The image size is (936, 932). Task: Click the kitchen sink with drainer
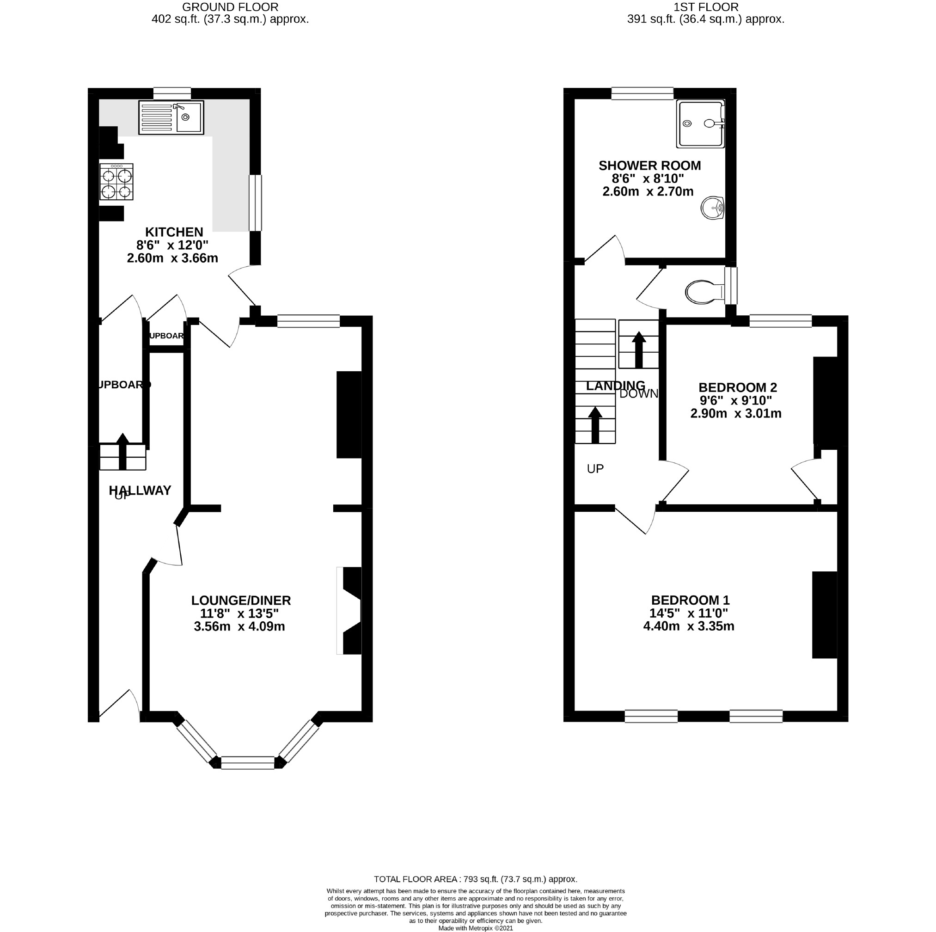[171, 118]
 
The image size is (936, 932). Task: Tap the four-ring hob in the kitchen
[117, 183]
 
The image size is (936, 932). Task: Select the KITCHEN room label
[174, 233]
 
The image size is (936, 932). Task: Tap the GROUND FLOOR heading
[231, 7]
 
